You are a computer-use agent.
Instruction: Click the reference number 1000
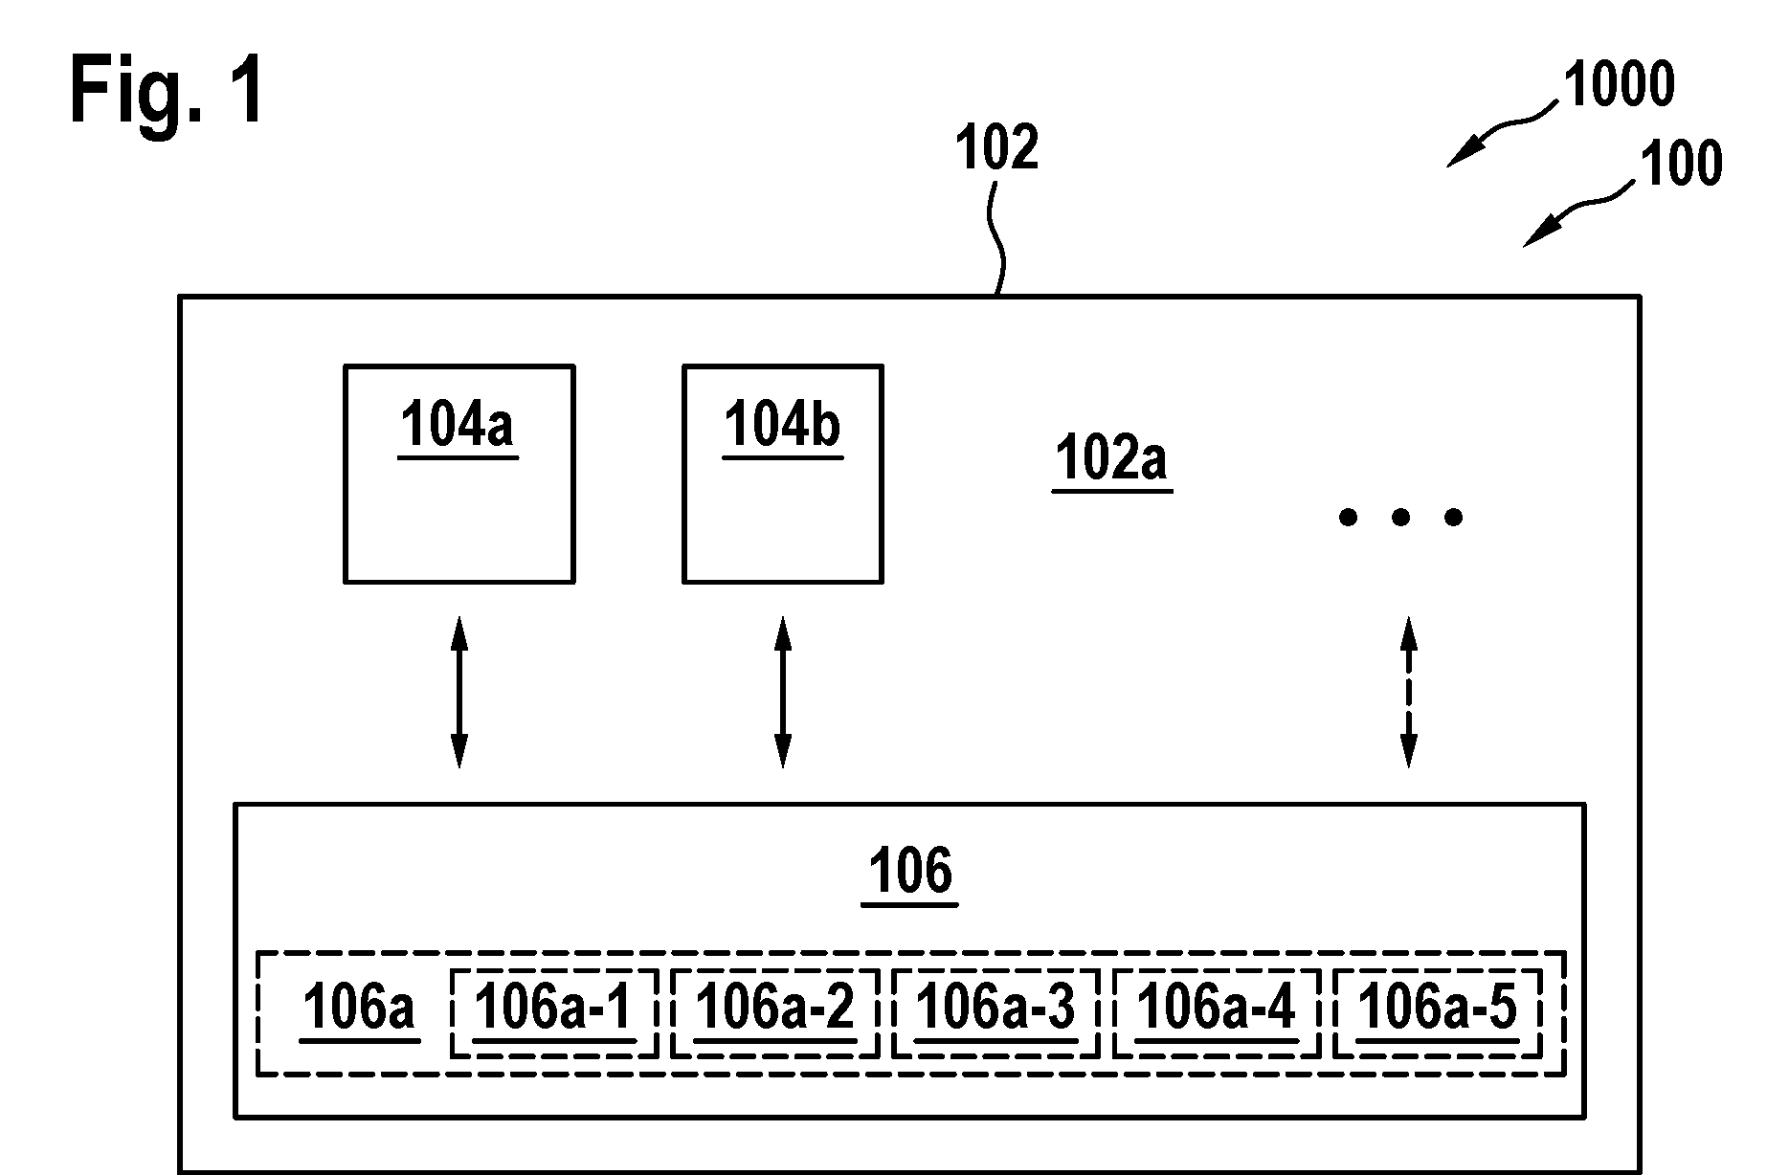(x=1619, y=84)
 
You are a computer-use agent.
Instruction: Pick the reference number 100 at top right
(x=1682, y=164)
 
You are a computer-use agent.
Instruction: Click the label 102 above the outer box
(x=997, y=149)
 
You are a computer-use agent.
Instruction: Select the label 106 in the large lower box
(x=910, y=875)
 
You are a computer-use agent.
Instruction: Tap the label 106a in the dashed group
(x=359, y=1009)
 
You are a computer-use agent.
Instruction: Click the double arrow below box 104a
(x=459, y=693)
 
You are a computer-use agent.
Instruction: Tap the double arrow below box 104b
(x=783, y=693)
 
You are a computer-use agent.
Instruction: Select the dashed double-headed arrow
(x=1409, y=693)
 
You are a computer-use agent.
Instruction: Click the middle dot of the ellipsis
(x=1401, y=518)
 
